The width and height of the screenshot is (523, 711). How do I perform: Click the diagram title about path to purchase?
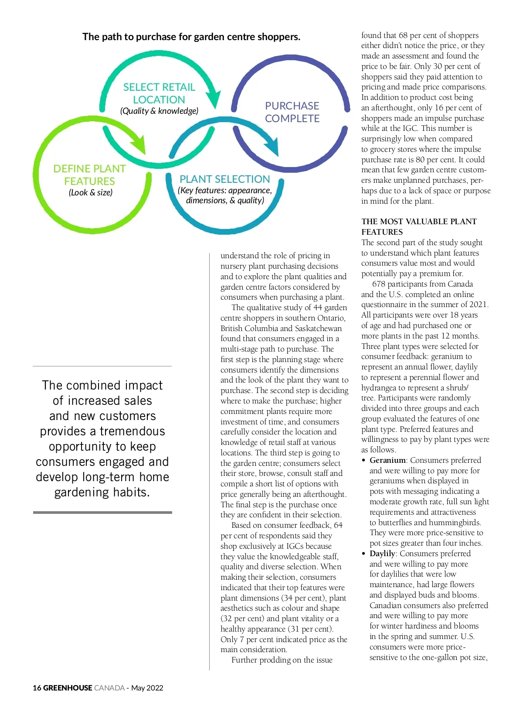click(191, 37)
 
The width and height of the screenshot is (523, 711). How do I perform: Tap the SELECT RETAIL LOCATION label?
click(159, 93)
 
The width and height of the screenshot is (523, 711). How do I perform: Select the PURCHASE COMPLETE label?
click(292, 112)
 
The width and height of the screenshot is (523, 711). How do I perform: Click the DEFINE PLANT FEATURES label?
click(89, 175)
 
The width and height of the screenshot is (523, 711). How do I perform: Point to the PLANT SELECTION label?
click(224, 179)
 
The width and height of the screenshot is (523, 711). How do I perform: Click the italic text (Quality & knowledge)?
click(159, 111)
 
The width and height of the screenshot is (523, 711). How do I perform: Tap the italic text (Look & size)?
click(91, 192)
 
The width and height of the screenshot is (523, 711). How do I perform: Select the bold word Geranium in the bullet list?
click(387, 460)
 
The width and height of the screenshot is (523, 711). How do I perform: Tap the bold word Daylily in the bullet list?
click(382, 554)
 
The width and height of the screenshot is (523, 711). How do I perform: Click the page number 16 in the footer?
click(37, 688)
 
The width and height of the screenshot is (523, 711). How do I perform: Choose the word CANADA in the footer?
click(109, 688)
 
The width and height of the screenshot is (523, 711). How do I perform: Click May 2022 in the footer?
click(147, 688)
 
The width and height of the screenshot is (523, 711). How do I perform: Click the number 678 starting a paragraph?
click(378, 284)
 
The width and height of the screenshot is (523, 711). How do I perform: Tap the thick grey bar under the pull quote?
click(102, 512)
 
